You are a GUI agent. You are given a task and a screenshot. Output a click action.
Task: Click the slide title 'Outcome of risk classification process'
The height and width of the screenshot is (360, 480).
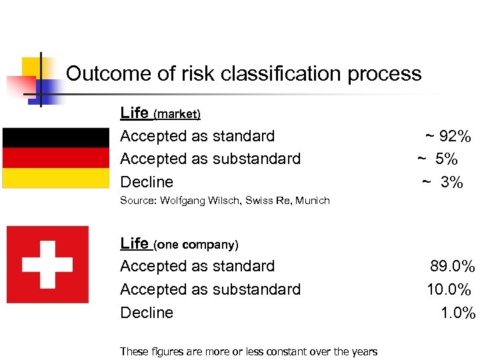pos(244,73)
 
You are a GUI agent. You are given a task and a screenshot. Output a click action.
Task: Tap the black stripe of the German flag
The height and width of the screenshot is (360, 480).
pos(55,137)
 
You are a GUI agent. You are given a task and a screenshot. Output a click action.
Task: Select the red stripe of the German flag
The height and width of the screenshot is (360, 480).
pos(55,157)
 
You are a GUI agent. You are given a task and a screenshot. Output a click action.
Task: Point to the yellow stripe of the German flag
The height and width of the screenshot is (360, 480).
pos(55,177)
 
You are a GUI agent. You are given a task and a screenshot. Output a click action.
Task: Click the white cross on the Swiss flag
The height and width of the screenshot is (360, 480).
pos(47,265)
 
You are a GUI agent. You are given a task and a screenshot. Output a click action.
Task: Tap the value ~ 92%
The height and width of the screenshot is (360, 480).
pos(448,137)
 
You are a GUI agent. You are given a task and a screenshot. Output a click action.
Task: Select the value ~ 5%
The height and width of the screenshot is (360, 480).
pos(438,159)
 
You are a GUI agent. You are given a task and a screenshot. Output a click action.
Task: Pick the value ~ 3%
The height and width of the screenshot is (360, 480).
pos(442,182)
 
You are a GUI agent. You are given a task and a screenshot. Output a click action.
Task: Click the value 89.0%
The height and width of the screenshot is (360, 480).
pos(452,267)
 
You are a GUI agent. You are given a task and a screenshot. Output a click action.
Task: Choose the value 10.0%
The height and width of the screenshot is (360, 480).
pos(450,290)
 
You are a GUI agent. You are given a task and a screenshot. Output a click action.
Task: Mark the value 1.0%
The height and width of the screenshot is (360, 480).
pos(457,313)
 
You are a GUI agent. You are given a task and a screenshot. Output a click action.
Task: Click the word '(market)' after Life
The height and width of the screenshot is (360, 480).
pos(177,114)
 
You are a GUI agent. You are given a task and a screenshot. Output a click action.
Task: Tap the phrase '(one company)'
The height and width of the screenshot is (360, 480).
pos(196,245)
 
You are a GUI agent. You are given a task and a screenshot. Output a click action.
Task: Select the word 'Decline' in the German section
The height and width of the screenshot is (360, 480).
pos(147,182)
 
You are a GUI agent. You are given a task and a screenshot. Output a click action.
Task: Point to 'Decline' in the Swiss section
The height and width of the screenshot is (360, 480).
pos(147,313)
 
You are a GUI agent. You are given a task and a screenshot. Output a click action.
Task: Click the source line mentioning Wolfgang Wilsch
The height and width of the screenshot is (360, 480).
pos(225,201)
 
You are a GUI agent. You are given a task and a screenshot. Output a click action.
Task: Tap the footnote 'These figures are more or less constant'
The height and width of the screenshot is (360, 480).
pos(248,351)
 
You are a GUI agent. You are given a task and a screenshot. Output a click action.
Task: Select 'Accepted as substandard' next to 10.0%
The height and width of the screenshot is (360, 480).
pos(210,289)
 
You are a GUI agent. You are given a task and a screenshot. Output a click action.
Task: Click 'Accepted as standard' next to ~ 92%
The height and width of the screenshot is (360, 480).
pos(197,136)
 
